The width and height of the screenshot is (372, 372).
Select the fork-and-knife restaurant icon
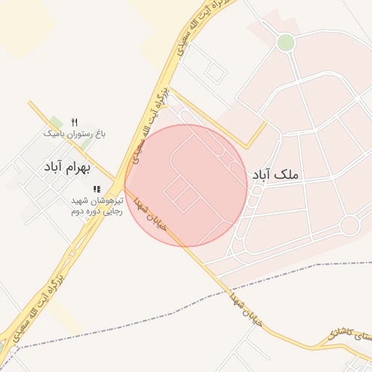click(x=74, y=122)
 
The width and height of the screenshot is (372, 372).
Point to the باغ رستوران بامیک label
click(x=74, y=134)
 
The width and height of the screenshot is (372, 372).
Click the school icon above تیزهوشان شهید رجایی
click(x=97, y=189)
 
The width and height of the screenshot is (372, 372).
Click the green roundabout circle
click(x=286, y=43)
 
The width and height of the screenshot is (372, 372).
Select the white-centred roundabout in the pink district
click(x=349, y=225)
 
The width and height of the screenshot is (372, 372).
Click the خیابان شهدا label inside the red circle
click(x=153, y=214)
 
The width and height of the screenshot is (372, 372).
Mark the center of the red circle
click(x=186, y=185)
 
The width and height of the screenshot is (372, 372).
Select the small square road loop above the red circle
click(x=215, y=71)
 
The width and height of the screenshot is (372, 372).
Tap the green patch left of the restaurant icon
click(x=56, y=121)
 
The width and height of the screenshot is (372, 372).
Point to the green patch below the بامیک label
click(x=86, y=144)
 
